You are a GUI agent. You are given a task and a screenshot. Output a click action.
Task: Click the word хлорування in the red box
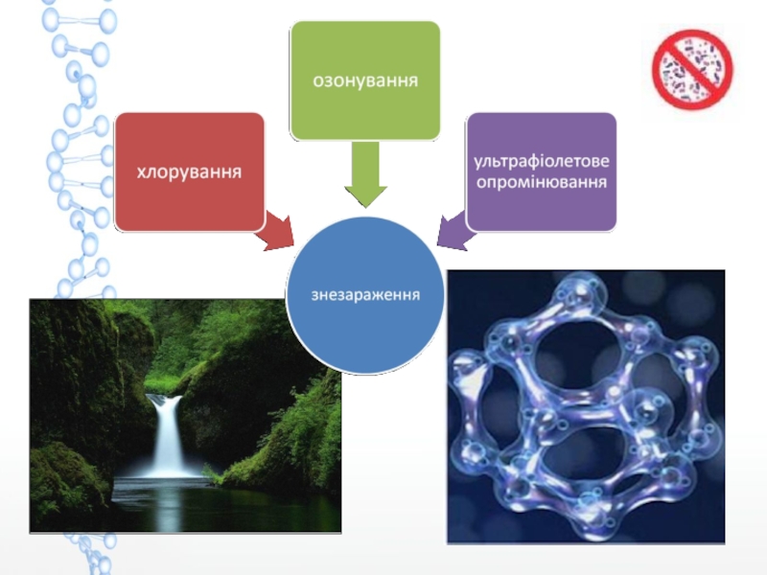pos(189,172)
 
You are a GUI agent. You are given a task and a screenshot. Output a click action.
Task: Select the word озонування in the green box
pos(365,80)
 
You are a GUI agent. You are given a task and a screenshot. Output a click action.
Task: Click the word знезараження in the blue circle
pos(365,292)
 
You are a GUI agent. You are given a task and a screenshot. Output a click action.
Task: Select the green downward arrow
pos(365,175)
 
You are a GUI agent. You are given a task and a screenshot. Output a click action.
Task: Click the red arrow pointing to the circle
pos(276,231)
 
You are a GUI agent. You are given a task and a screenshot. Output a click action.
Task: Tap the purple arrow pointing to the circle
pos(453,230)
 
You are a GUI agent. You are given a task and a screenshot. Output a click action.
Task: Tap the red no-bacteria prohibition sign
pos(692,69)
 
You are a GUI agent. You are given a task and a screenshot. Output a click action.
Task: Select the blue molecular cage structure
pos(585,402)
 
